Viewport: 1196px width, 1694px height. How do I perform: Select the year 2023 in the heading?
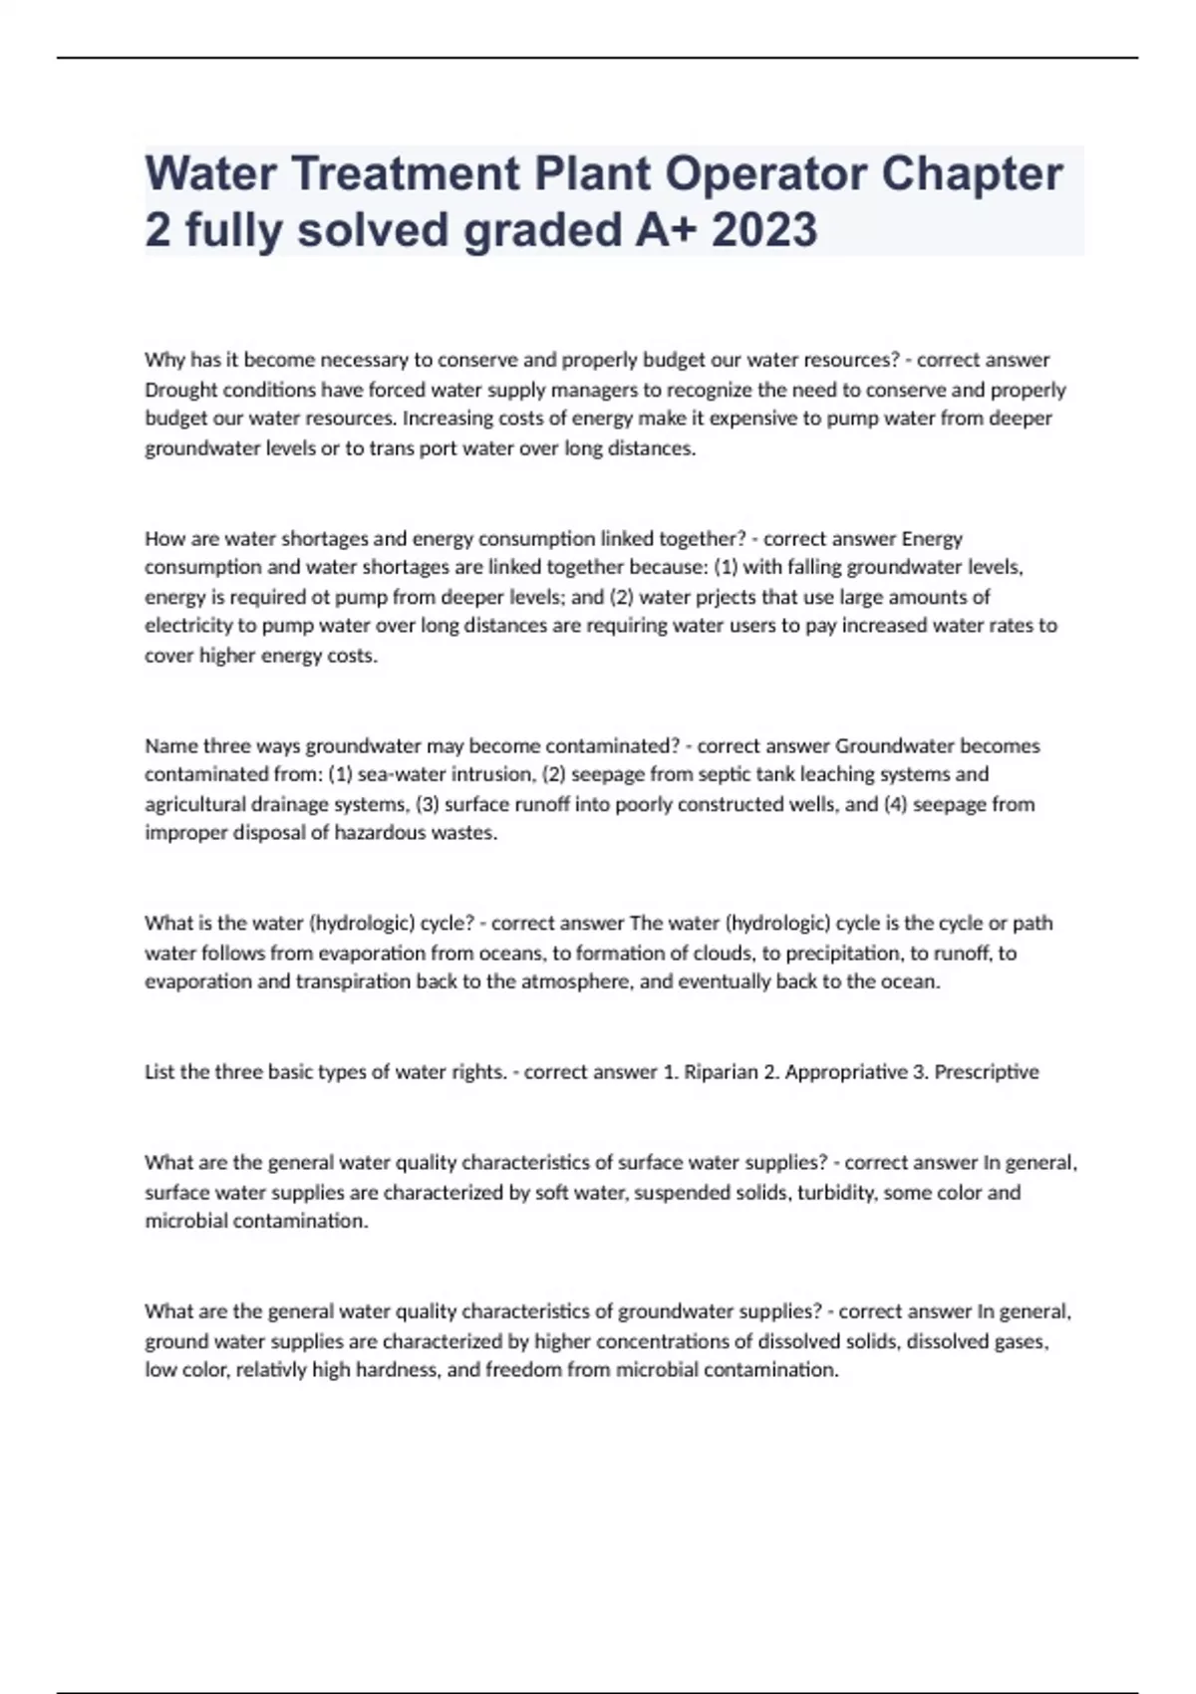(764, 229)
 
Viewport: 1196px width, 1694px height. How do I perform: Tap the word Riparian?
(720, 1072)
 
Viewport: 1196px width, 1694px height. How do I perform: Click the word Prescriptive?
(987, 1072)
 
